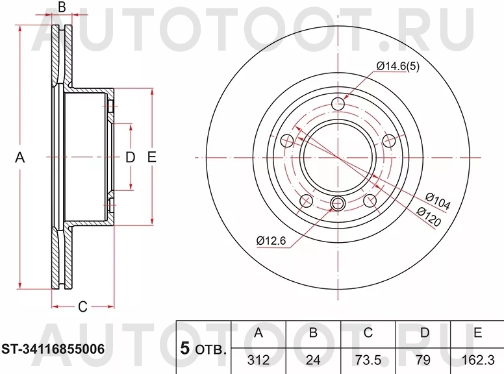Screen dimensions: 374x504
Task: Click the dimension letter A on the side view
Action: pos(19,157)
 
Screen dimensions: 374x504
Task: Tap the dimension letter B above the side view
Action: pos(62,8)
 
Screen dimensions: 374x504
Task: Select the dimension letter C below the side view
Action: pos(82,307)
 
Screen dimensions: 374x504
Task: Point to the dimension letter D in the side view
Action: pos(129,157)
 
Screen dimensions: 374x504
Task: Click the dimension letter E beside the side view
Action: pos(151,157)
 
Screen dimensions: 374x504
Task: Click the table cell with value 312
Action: pos(258,359)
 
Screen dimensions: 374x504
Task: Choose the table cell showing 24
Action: pos(312,359)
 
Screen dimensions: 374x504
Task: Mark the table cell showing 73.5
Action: pos(368,359)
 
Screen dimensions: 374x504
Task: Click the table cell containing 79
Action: pos(423,359)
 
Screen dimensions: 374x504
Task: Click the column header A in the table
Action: pos(258,334)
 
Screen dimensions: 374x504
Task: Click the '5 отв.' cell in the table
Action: pos(203,349)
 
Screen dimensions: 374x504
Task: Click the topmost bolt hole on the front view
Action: pos(337,104)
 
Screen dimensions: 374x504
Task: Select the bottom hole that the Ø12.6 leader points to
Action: pos(337,205)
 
